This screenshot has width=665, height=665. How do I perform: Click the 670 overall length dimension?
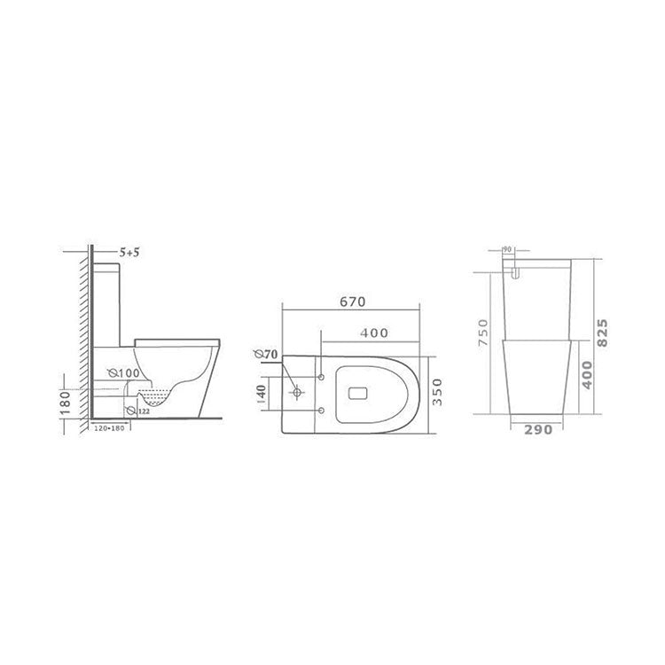tap(352, 302)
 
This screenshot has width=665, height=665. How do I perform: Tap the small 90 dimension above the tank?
tap(509, 251)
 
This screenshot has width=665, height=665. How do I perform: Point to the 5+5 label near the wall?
tap(131, 254)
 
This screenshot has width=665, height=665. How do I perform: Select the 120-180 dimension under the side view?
tap(112, 429)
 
